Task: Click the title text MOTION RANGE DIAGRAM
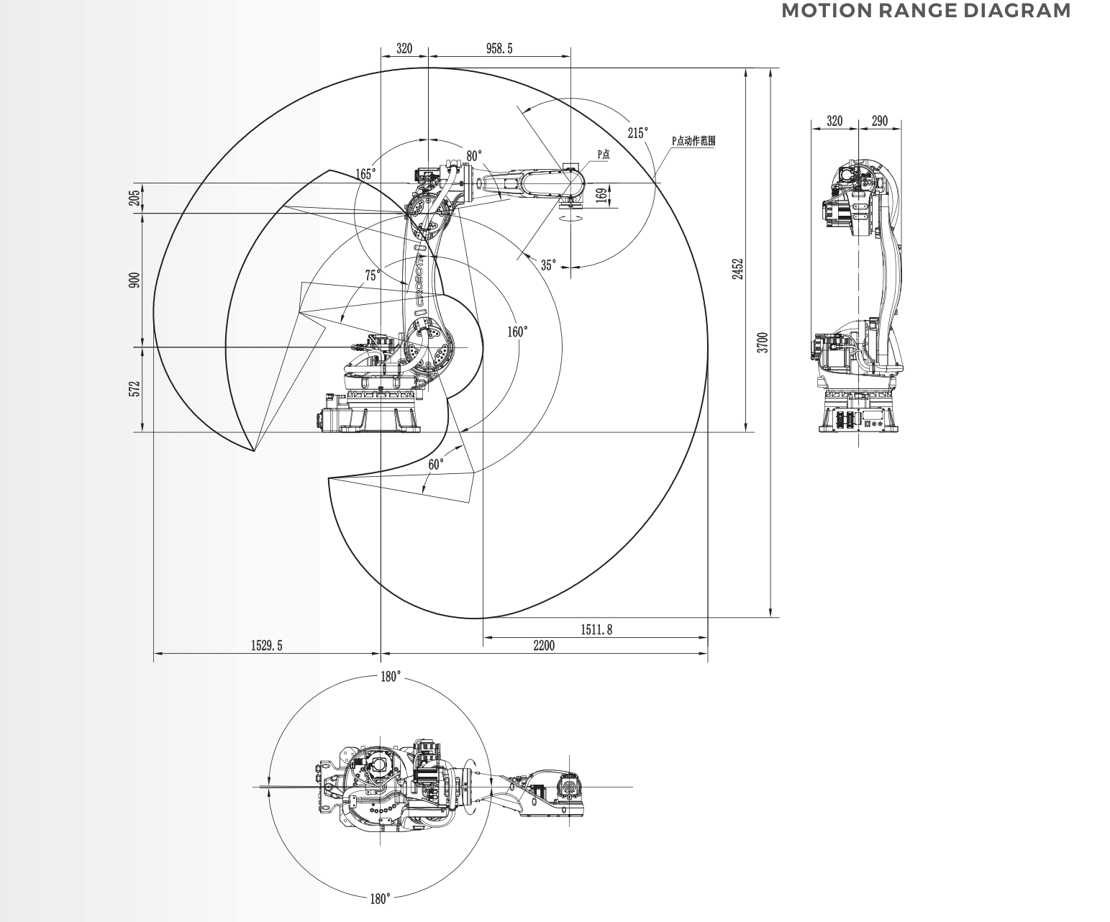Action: tap(926, 11)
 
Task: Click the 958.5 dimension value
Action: tap(499, 49)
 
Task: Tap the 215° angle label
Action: tap(638, 133)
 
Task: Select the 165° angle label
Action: tap(365, 174)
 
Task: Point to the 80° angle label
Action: tap(474, 155)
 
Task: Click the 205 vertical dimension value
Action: tap(135, 198)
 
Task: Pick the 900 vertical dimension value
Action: tap(135, 280)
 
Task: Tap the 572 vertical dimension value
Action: tap(135, 388)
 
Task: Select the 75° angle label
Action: tap(373, 275)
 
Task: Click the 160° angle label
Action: tap(517, 332)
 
